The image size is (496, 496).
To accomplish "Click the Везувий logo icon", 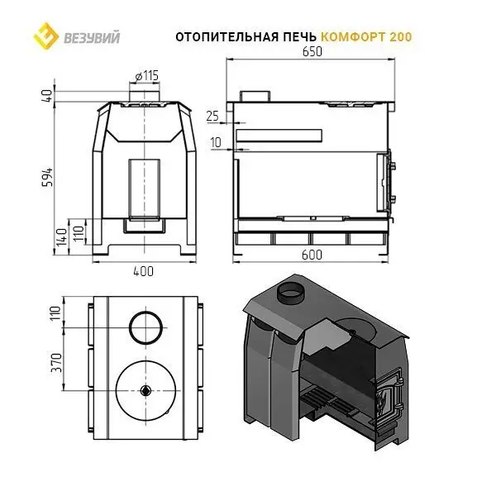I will pyautogui.click(x=42, y=36).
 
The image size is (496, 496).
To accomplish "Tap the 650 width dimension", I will pyautogui.click(x=310, y=51).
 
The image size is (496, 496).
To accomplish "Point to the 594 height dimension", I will pyautogui.click(x=48, y=176).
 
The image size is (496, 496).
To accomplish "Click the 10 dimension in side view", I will pyautogui.click(x=215, y=142).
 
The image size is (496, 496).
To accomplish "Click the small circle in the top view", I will pyautogui.click(x=147, y=327).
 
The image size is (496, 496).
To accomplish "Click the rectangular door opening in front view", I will pyautogui.click(x=145, y=189).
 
